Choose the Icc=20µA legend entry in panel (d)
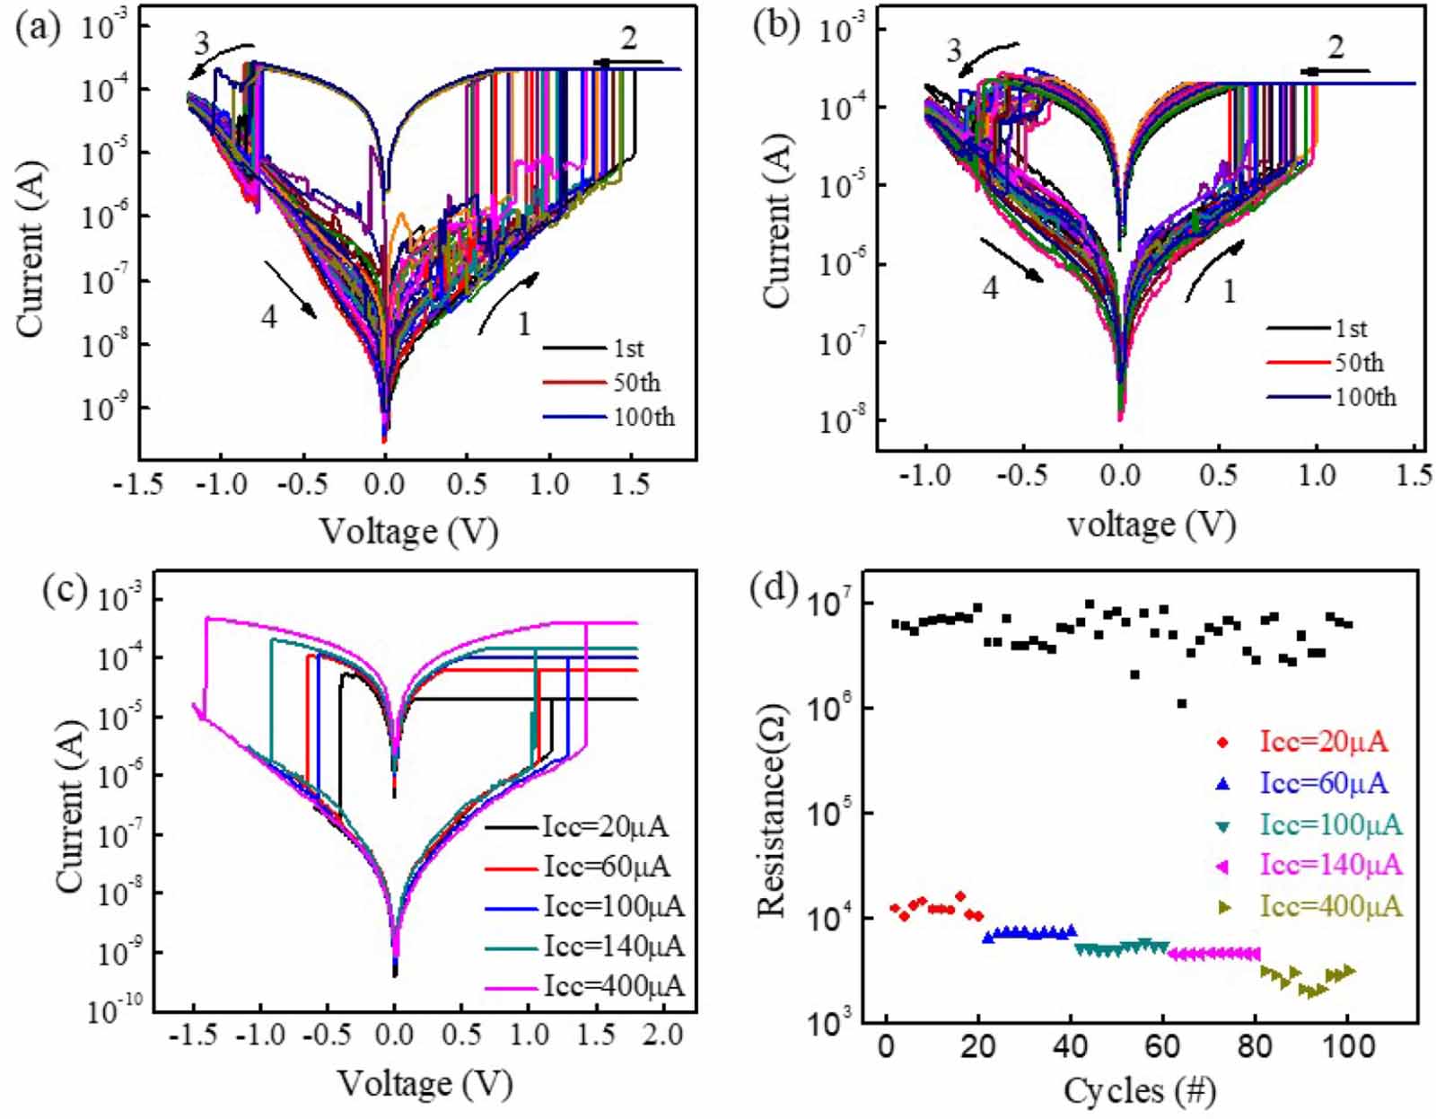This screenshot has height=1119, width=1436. [1324, 742]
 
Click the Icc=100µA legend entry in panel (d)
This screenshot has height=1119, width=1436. [1330, 824]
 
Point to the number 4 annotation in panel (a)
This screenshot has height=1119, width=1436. [268, 317]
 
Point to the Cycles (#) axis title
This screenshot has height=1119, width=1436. [1139, 1091]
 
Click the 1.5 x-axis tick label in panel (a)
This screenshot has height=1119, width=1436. [630, 485]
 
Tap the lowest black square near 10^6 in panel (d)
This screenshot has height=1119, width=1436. [1182, 703]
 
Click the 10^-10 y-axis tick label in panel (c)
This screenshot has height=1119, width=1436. [115, 1012]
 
